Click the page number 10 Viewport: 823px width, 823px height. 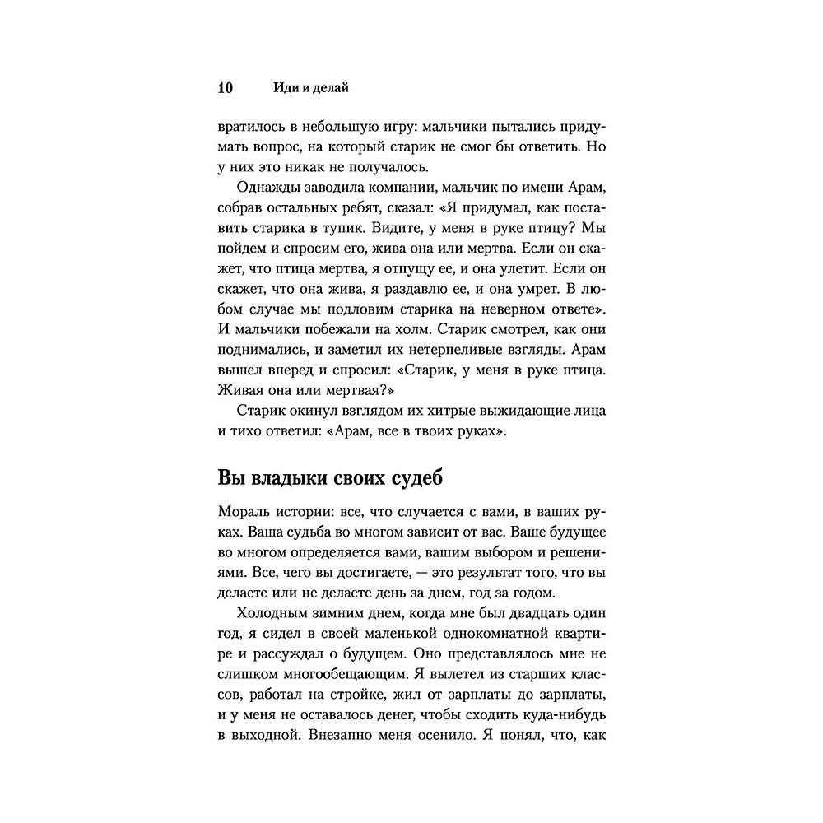click(226, 87)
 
